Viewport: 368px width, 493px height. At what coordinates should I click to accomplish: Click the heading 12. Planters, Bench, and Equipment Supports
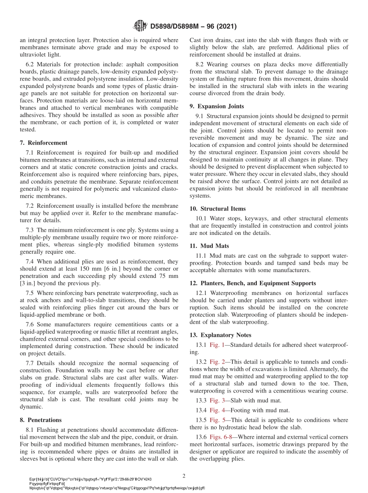point(253,283)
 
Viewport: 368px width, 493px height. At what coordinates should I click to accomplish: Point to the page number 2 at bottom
point(184,476)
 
